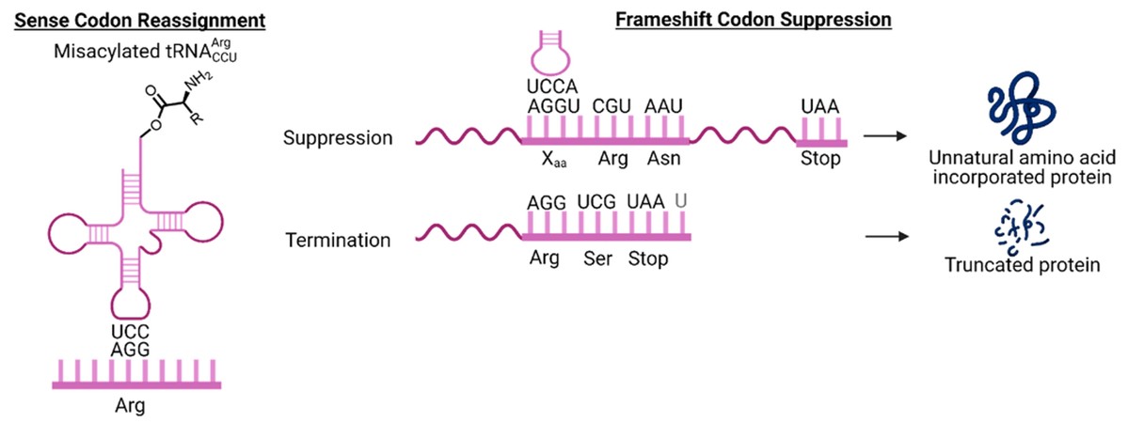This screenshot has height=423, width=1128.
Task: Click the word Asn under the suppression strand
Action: pos(660,159)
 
